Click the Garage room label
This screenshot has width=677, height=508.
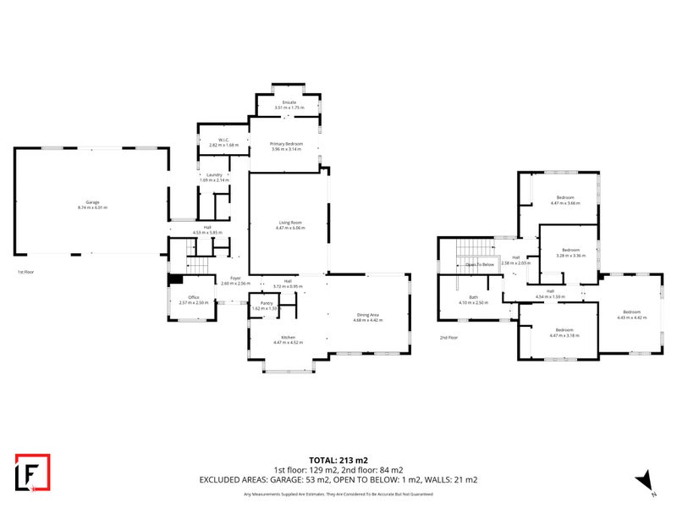click(x=92, y=202)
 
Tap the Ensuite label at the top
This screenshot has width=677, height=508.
click(x=289, y=102)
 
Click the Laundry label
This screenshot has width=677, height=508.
click(x=213, y=174)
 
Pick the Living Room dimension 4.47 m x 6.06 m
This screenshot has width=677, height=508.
click(x=290, y=228)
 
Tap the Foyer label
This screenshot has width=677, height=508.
click(x=234, y=278)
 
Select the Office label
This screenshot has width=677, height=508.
click(x=193, y=297)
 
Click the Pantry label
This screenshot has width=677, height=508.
click(x=266, y=302)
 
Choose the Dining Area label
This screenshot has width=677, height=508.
click(x=368, y=315)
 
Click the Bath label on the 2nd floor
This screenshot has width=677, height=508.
click(x=474, y=297)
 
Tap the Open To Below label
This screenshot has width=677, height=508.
click(x=479, y=264)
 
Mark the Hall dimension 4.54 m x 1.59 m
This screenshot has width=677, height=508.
click(x=550, y=296)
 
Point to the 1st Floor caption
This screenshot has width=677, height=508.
click(x=26, y=272)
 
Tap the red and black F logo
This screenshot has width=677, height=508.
click(x=33, y=472)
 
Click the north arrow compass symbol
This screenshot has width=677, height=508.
click(x=645, y=480)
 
